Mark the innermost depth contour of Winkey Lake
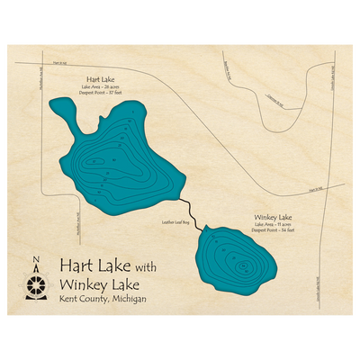tap(241, 266)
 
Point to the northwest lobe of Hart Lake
tap(64, 112)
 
